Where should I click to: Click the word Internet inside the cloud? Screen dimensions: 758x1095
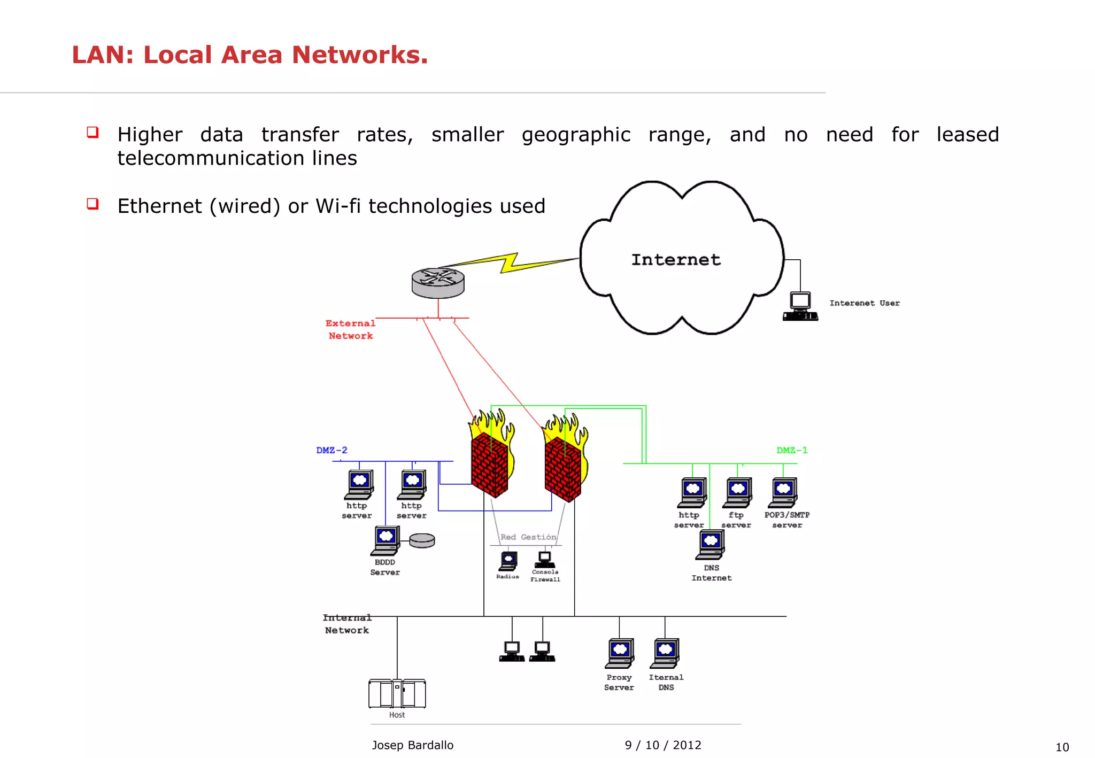(676, 260)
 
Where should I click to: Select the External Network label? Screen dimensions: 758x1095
(350, 329)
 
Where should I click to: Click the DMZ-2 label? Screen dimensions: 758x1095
(331, 450)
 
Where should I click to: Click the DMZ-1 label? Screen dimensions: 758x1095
(791, 450)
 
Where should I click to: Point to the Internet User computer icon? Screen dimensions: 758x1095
(800, 306)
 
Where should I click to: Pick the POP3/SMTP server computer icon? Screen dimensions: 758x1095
(783, 492)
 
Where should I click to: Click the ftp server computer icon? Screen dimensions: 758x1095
(738, 492)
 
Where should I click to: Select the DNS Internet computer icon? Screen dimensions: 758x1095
(711, 545)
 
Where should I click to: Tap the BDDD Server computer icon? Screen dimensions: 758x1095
(385, 540)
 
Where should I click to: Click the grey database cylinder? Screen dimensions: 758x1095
(422, 540)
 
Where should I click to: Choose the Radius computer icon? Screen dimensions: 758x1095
(508, 561)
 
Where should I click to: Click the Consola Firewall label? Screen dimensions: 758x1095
(545, 576)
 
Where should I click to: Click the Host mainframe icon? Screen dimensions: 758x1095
(397, 693)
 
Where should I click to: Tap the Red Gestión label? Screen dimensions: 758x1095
(528, 537)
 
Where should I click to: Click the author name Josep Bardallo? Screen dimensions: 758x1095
(412, 745)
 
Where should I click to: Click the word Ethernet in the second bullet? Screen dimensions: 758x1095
(159, 206)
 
